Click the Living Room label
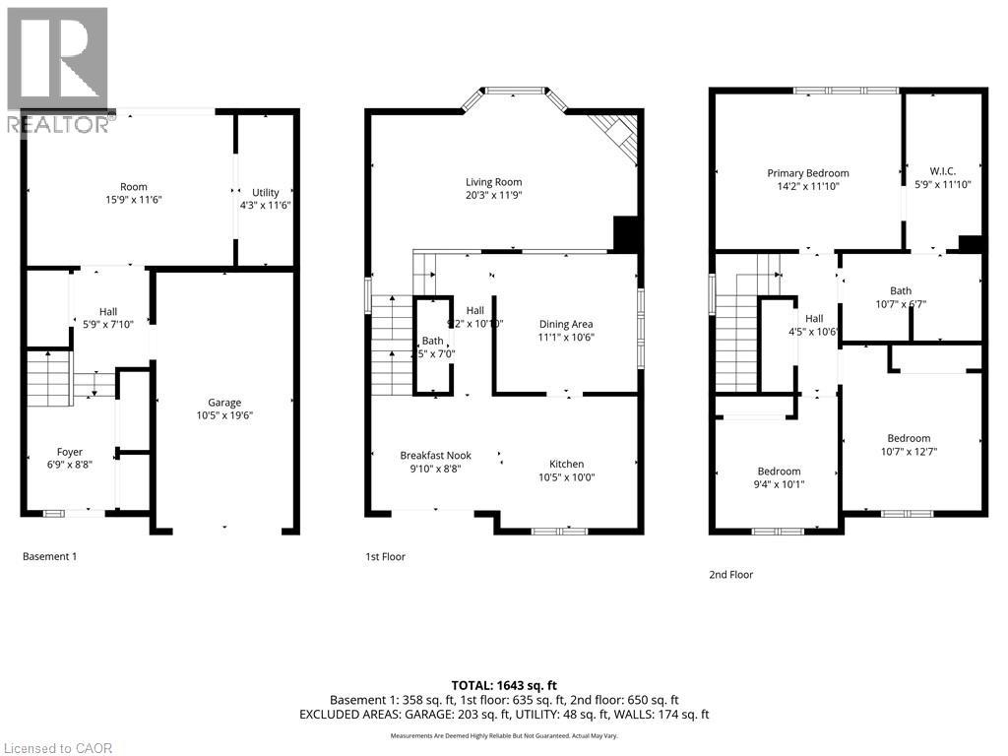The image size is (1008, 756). point(493,182)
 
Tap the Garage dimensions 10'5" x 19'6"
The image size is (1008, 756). point(224,415)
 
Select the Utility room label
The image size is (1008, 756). point(265,192)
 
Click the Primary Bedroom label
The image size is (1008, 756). point(807,173)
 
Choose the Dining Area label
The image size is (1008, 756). point(566,324)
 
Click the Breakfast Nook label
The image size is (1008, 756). point(435,455)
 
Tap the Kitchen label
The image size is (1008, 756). point(566,464)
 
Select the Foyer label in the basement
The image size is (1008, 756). point(69,452)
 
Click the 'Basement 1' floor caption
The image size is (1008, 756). point(49,556)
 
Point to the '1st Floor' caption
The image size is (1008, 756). point(385,556)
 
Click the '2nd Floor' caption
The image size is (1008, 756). point(730,574)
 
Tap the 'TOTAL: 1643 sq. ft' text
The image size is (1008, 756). point(504,684)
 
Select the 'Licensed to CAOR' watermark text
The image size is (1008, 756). point(57,748)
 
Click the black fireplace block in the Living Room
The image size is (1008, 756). point(627,234)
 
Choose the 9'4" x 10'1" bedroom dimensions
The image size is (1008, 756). point(778,483)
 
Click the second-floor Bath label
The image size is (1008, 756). point(900,290)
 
